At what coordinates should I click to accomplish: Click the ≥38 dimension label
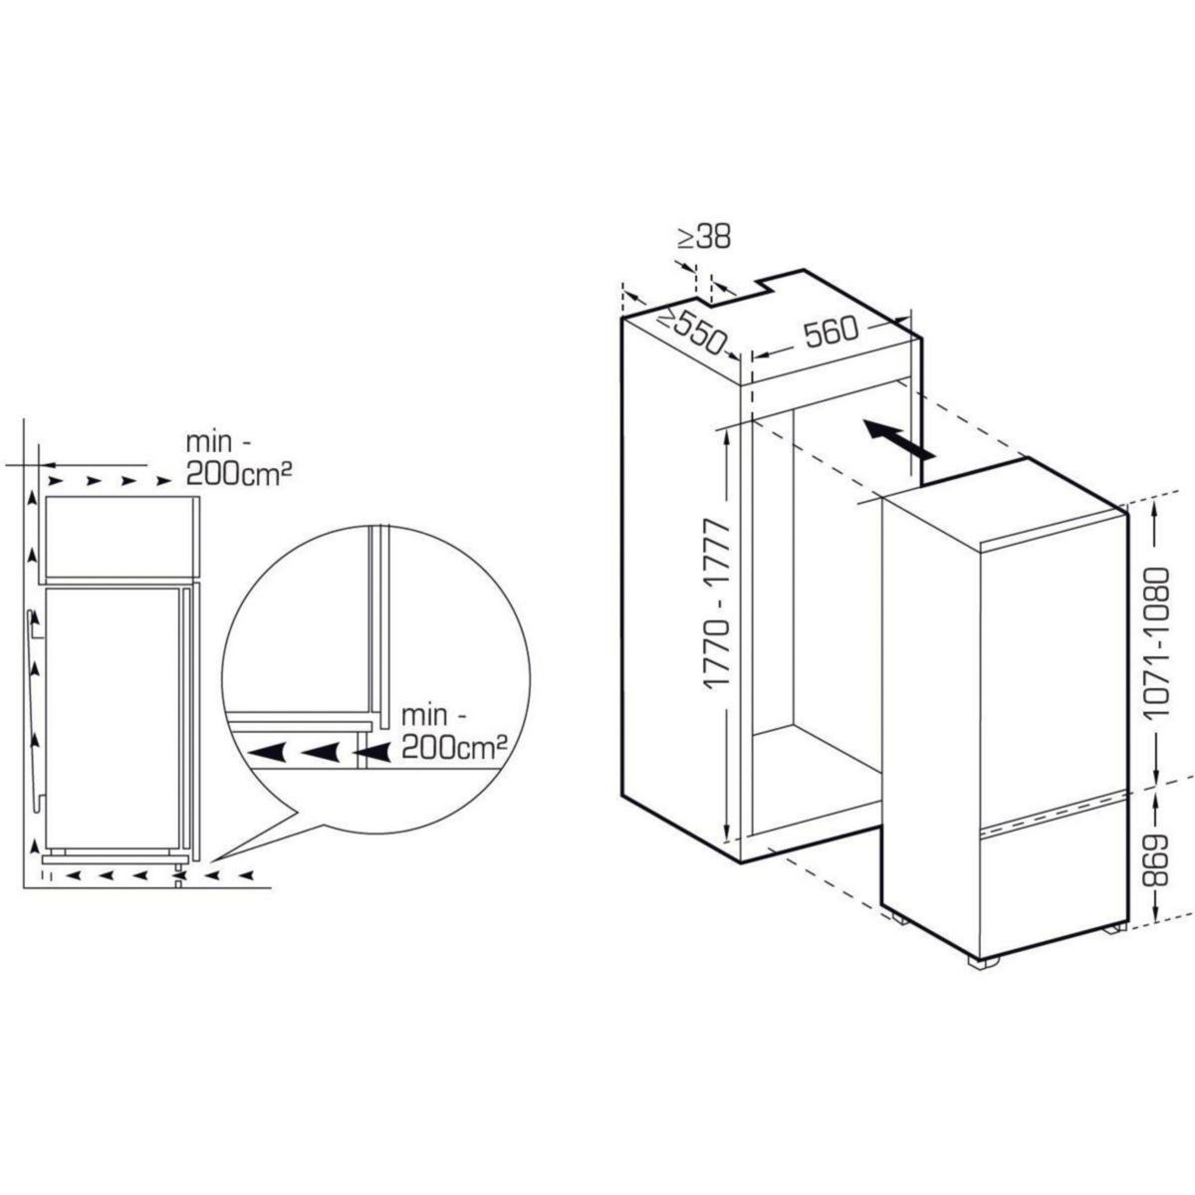[704, 237]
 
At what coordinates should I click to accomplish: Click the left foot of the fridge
[899, 917]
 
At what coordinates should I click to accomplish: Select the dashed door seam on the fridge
[1051, 808]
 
